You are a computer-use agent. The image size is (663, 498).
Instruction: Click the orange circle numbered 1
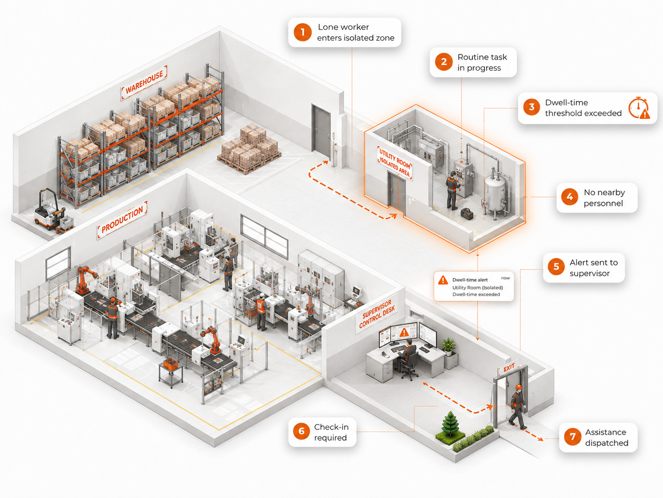point(302,33)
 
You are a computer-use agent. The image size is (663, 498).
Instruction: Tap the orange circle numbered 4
point(570,197)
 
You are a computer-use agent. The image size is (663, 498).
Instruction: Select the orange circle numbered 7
point(572,437)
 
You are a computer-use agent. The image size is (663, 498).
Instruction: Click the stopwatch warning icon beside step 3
point(639,108)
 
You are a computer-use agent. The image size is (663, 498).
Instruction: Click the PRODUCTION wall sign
point(122,220)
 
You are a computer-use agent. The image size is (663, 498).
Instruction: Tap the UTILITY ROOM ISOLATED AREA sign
point(395,162)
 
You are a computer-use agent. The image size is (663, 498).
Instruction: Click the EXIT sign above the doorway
point(509,368)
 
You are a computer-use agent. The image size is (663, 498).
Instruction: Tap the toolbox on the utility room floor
point(467,214)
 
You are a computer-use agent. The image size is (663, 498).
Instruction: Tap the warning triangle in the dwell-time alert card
point(443,280)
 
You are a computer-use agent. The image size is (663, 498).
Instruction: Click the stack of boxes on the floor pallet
point(250,148)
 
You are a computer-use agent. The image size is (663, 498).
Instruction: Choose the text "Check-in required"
point(331,432)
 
